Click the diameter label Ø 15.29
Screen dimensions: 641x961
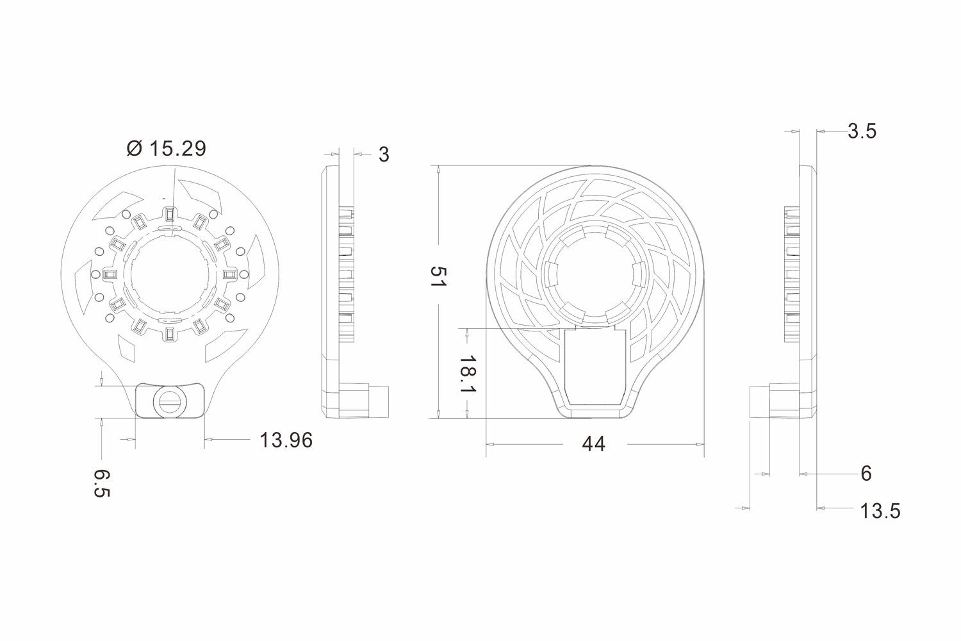pyautogui.click(x=167, y=149)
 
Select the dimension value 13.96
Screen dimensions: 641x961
pyautogui.click(x=286, y=440)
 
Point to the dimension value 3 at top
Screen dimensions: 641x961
pyautogui.click(x=383, y=154)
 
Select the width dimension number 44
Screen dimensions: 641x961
pyautogui.click(x=593, y=444)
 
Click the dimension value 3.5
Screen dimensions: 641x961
pyautogui.click(x=861, y=131)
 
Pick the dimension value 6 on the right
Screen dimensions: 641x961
pyautogui.click(x=866, y=474)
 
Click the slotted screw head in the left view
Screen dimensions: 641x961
pyautogui.click(x=170, y=402)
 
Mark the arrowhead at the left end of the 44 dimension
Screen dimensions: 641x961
pyautogui.click(x=490, y=444)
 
